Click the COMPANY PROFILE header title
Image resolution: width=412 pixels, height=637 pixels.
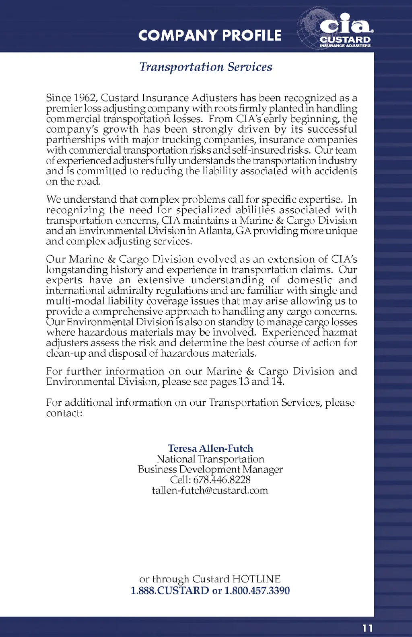(x=210, y=35)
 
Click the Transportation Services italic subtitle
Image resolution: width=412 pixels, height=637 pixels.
(x=206, y=67)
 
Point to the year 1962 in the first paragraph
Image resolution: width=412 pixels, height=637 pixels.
(x=84, y=98)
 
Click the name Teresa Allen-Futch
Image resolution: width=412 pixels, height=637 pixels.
(x=210, y=448)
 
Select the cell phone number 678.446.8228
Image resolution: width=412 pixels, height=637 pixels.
(x=222, y=480)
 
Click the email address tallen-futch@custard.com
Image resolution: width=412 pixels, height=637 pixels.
(x=210, y=490)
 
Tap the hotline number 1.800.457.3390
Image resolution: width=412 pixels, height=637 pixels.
(x=257, y=590)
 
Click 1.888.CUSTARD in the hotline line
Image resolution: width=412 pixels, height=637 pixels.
(x=170, y=590)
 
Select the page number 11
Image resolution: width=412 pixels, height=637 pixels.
(x=367, y=628)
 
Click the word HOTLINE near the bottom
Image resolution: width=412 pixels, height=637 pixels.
(x=256, y=579)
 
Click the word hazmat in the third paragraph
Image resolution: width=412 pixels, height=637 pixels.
(x=340, y=333)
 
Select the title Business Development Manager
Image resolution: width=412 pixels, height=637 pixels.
(x=210, y=469)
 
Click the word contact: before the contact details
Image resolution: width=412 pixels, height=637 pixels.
(x=64, y=413)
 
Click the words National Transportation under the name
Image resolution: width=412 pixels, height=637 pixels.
(x=210, y=459)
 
